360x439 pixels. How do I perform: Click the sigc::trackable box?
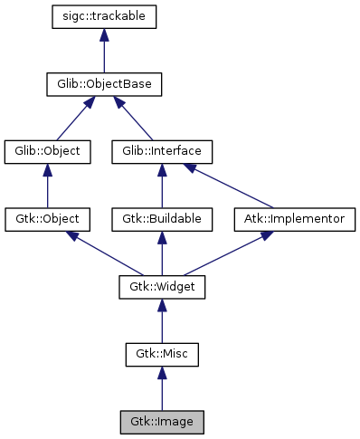pos(105,17)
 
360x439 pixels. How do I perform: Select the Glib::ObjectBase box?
pos(105,85)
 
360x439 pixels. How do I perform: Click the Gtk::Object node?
pos(48,219)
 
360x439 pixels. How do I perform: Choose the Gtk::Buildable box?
pos(162,219)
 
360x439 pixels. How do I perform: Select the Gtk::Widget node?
pos(162,287)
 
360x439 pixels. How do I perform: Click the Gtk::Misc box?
pos(162,354)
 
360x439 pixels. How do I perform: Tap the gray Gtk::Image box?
pos(162,421)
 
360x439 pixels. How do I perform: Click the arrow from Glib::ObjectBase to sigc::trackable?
pos(105,52)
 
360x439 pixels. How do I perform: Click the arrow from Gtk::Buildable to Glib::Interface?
pos(162,186)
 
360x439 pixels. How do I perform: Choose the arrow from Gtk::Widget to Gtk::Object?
pos(105,253)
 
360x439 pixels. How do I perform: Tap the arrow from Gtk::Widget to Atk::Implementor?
pos(222,253)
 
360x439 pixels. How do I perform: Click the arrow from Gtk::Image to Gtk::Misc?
pos(162,388)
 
